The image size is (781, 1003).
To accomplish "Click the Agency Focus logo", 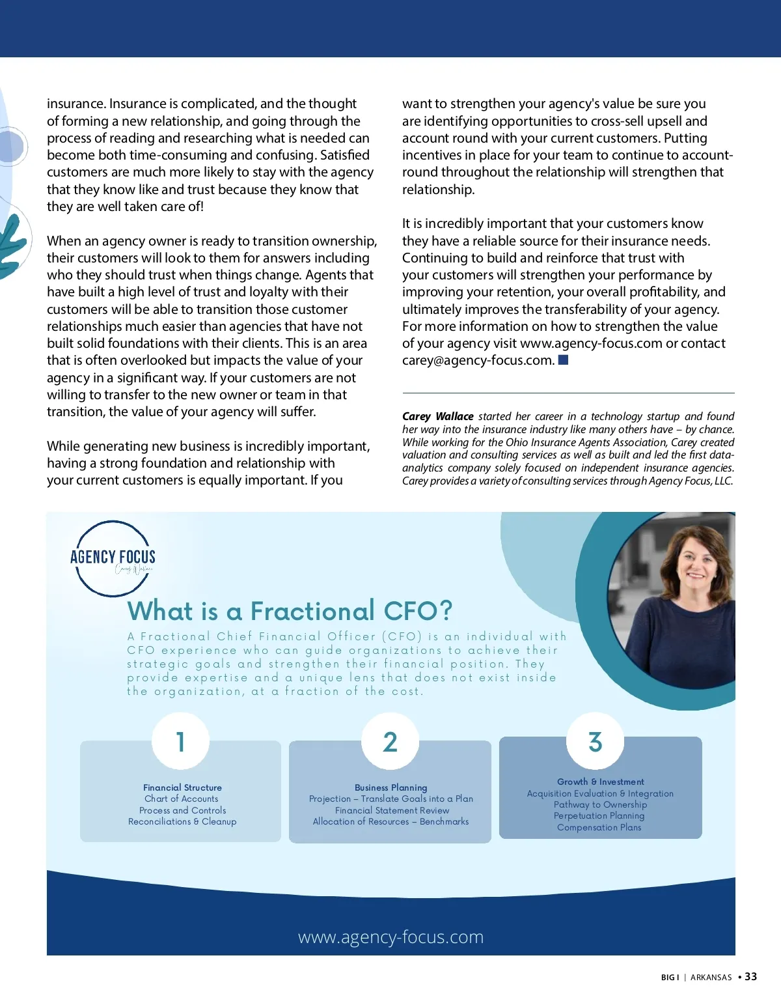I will [x=113, y=558].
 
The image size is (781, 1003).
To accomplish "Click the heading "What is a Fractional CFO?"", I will [x=290, y=611].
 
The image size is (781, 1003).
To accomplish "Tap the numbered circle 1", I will [x=180, y=742].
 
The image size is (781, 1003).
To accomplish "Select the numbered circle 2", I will [x=390, y=742].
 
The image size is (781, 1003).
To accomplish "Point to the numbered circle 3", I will [x=595, y=742].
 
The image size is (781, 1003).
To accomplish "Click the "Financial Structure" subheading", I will [x=182, y=787].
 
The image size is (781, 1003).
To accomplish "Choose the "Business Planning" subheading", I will [x=390, y=787].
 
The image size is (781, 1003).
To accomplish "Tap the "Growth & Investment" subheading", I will [x=600, y=782].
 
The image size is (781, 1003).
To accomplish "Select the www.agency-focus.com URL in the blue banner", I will [x=390, y=937].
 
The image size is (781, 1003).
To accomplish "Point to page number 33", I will [x=751, y=976].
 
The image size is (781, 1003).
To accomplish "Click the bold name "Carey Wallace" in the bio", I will [x=437, y=416].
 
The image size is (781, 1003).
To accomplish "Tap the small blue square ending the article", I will [x=564, y=360].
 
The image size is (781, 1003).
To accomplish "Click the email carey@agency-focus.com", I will [x=478, y=360].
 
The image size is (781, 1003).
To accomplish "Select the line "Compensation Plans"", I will [x=599, y=827].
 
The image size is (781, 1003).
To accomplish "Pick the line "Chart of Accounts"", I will [x=182, y=798].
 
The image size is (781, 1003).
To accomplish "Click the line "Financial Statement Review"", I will [x=392, y=810].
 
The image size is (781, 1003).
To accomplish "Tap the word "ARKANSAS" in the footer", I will [x=711, y=977].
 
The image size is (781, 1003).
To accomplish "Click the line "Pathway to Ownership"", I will [x=600, y=804].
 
